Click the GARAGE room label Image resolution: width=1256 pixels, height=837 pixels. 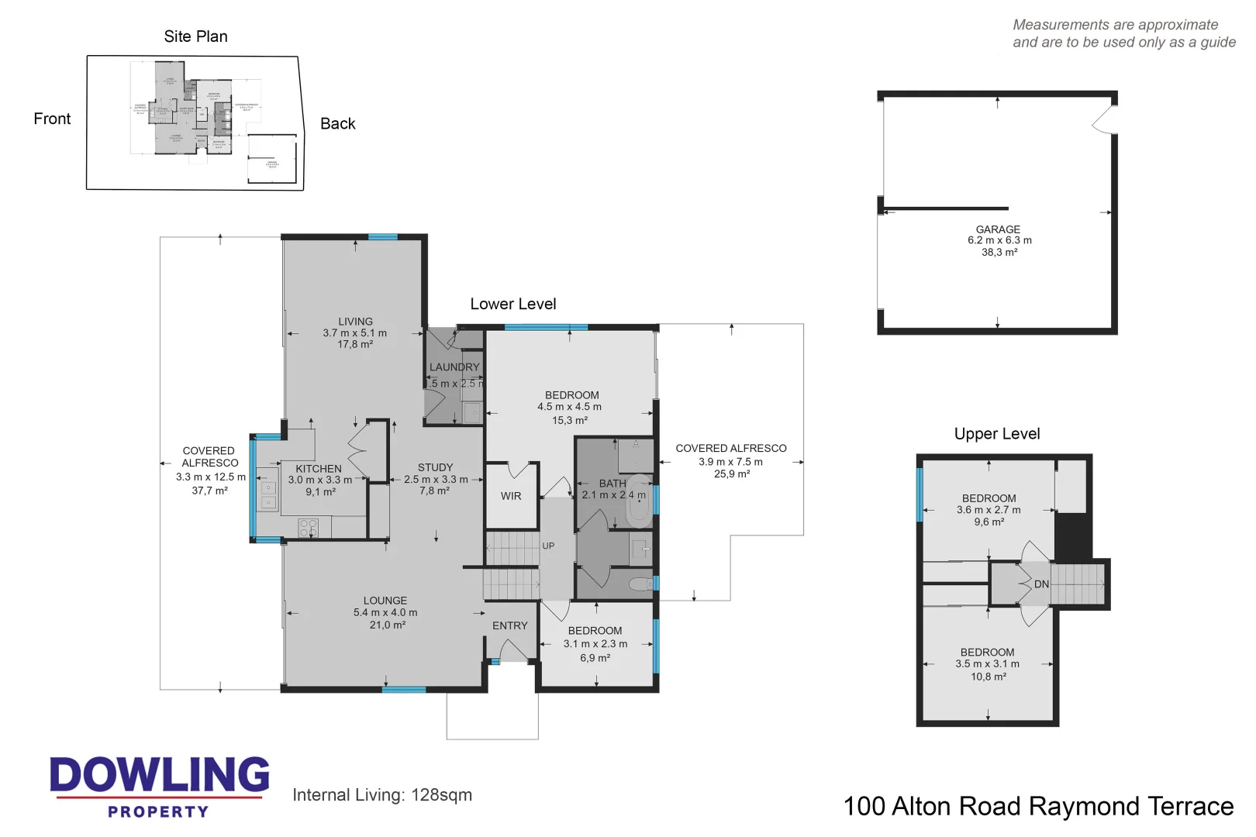(998, 229)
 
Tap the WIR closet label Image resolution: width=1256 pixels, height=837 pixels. (511, 496)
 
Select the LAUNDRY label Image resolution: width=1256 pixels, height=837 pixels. (454, 367)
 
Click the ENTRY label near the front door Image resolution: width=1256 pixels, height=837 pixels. (509, 625)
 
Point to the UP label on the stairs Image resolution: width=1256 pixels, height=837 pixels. (548, 546)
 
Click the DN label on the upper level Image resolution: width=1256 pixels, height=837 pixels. (1041, 584)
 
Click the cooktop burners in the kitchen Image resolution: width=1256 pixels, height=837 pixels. (308, 529)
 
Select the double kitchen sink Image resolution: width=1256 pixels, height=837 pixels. (267, 495)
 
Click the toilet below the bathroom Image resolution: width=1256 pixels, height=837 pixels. (640, 584)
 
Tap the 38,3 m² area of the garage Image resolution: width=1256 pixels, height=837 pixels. (999, 253)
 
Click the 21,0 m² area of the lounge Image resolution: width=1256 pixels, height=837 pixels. (387, 625)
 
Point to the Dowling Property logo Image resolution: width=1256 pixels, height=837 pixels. (159, 786)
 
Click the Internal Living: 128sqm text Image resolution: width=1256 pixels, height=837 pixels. (381, 795)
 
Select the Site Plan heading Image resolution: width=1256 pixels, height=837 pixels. (195, 36)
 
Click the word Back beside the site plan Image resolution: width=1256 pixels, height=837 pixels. (337, 124)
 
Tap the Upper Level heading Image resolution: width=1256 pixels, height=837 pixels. (996, 434)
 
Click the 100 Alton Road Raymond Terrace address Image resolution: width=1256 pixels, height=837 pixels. (1037, 807)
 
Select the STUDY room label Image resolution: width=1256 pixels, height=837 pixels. (435, 467)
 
